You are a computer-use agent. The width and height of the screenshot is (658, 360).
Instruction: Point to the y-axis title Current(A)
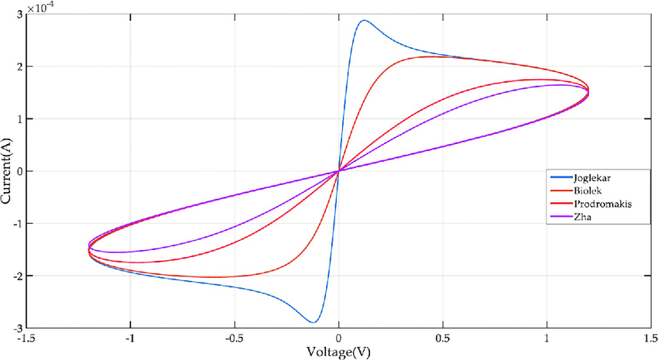coord(7,171)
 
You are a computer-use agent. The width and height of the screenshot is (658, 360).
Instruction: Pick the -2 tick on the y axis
coord(16,276)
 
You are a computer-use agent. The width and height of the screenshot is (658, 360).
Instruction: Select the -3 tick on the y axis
coord(16,327)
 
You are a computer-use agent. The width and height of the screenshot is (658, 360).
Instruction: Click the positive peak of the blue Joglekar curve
coord(363,20)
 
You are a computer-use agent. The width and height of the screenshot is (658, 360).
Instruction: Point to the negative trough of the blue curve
coord(314,322)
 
